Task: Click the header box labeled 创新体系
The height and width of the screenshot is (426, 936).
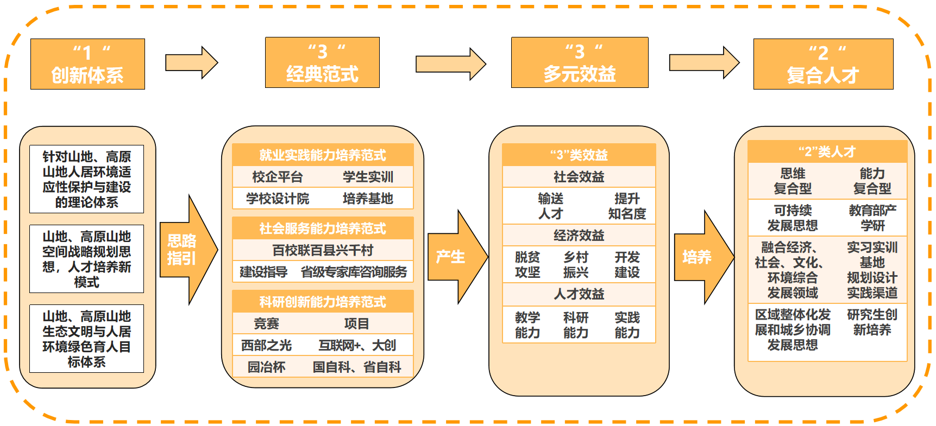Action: tap(87, 64)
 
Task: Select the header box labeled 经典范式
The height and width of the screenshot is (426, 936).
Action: tap(322, 62)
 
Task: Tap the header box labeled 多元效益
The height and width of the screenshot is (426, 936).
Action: tap(580, 62)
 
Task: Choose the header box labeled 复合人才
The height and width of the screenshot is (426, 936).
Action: tap(823, 64)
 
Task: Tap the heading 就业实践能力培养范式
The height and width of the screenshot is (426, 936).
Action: tap(323, 155)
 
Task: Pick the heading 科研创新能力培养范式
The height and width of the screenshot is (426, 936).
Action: tap(323, 302)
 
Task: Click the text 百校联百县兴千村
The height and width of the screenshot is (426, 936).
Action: tap(323, 250)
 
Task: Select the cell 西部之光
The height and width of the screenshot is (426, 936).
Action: tap(266, 346)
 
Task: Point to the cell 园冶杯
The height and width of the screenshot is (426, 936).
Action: tap(266, 367)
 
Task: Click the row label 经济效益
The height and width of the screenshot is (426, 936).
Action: tap(579, 236)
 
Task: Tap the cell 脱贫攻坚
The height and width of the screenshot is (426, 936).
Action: tap(527, 265)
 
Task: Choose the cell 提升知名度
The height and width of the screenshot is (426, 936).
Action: tap(627, 206)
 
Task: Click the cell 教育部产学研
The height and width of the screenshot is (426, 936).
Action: tap(872, 218)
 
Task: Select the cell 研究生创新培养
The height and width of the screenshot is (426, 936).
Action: tap(872, 322)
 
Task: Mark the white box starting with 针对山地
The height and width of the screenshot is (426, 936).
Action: tap(87, 179)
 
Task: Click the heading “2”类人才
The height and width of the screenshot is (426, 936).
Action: tap(827, 152)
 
